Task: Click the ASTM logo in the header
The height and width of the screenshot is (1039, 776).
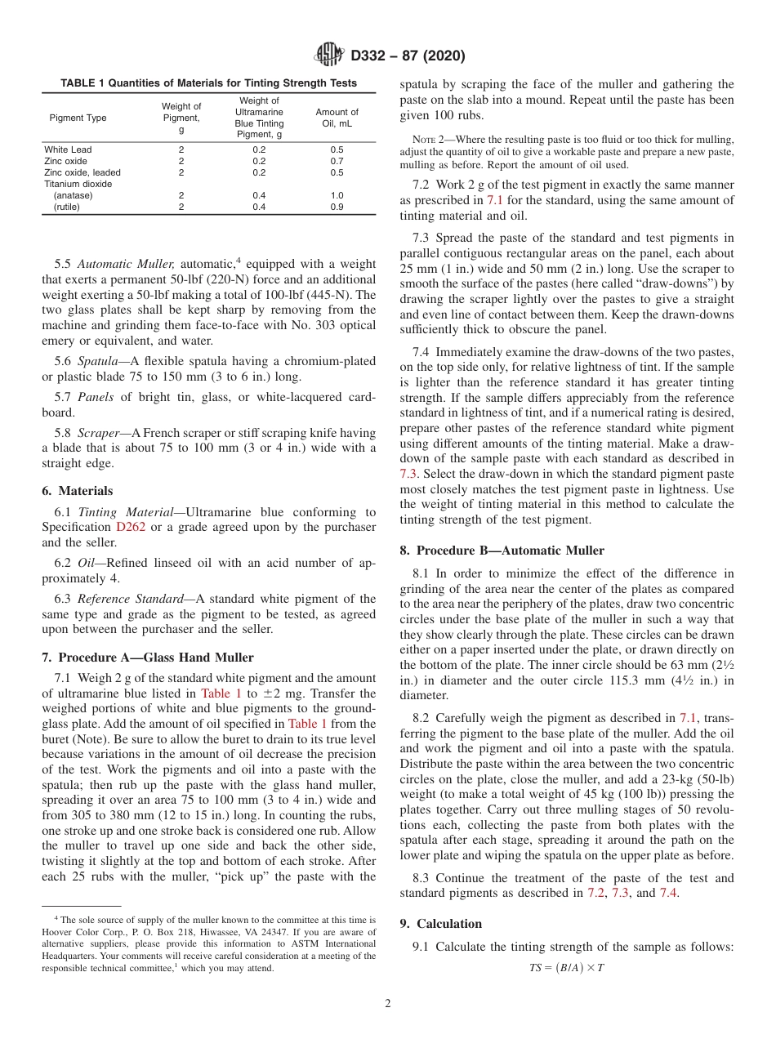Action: click(x=329, y=56)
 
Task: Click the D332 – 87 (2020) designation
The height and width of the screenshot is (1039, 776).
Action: click(x=408, y=56)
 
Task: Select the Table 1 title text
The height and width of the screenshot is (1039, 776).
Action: click(x=208, y=83)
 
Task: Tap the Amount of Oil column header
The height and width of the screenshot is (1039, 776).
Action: click(x=337, y=118)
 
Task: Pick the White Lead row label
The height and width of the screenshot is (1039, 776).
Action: click(x=68, y=149)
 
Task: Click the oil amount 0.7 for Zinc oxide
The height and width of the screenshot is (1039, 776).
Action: click(x=337, y=161)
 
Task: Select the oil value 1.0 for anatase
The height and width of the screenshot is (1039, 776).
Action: click(x=337, y=195)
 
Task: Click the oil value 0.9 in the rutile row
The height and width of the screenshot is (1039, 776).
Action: click(x=337, y=207)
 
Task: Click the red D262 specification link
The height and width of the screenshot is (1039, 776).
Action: click(x=131, y=528)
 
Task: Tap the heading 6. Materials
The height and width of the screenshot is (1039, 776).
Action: click(x=78, y=491)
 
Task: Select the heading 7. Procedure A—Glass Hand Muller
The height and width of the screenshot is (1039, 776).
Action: click(x=147, y=658)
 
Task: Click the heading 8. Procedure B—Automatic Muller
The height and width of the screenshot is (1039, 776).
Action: click(x=501, y=551)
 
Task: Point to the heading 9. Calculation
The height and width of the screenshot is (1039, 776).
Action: click(x=441, y=924)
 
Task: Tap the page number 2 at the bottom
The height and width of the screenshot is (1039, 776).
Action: click(x=388, y=1004)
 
